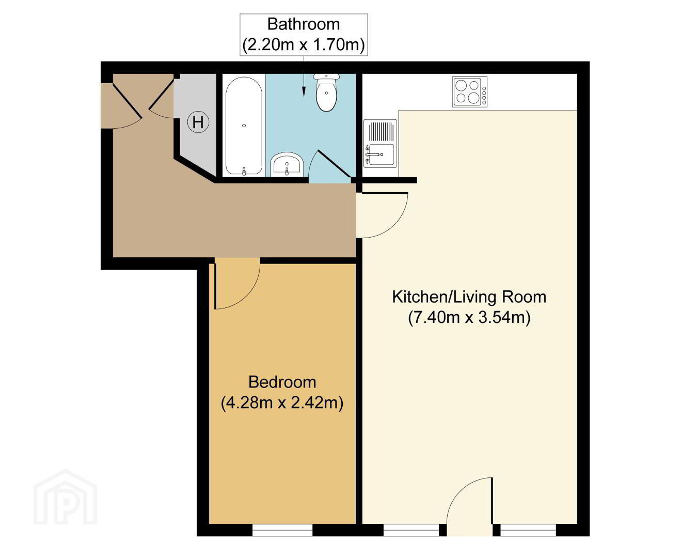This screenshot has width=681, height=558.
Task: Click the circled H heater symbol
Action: click(x=198, y=122)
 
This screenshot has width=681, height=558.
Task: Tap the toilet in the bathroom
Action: click(x=326, y=92)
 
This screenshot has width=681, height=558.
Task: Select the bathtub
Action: click(x=244, y=126)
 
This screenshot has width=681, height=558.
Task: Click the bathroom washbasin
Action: click(x=287, y=164)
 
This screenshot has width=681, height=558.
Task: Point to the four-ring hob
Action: click(x=469, y=92)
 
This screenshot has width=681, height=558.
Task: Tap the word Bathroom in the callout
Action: click(x=304, y=25)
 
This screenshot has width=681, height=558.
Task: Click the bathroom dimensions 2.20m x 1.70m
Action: click(x=304, y=44)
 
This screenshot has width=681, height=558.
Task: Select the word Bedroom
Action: click(x=282, y=382)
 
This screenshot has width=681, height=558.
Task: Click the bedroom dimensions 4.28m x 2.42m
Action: click(x=282, y=403)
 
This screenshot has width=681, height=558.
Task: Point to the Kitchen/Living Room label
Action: click(x=469, y=297)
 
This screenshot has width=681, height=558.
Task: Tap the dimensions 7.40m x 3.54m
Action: click(x=469, y=317)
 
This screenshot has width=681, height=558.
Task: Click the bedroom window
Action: click(x=282, y=530)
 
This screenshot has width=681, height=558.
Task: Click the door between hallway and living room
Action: click(x=382, y=215)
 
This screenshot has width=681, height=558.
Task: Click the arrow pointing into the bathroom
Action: click(x=304, y=76)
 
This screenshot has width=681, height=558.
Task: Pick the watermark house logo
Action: click(x=66, y=497)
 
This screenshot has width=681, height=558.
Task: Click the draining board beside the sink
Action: click(x=382, y=131)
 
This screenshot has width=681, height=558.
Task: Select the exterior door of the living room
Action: click(x=470, y=506)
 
